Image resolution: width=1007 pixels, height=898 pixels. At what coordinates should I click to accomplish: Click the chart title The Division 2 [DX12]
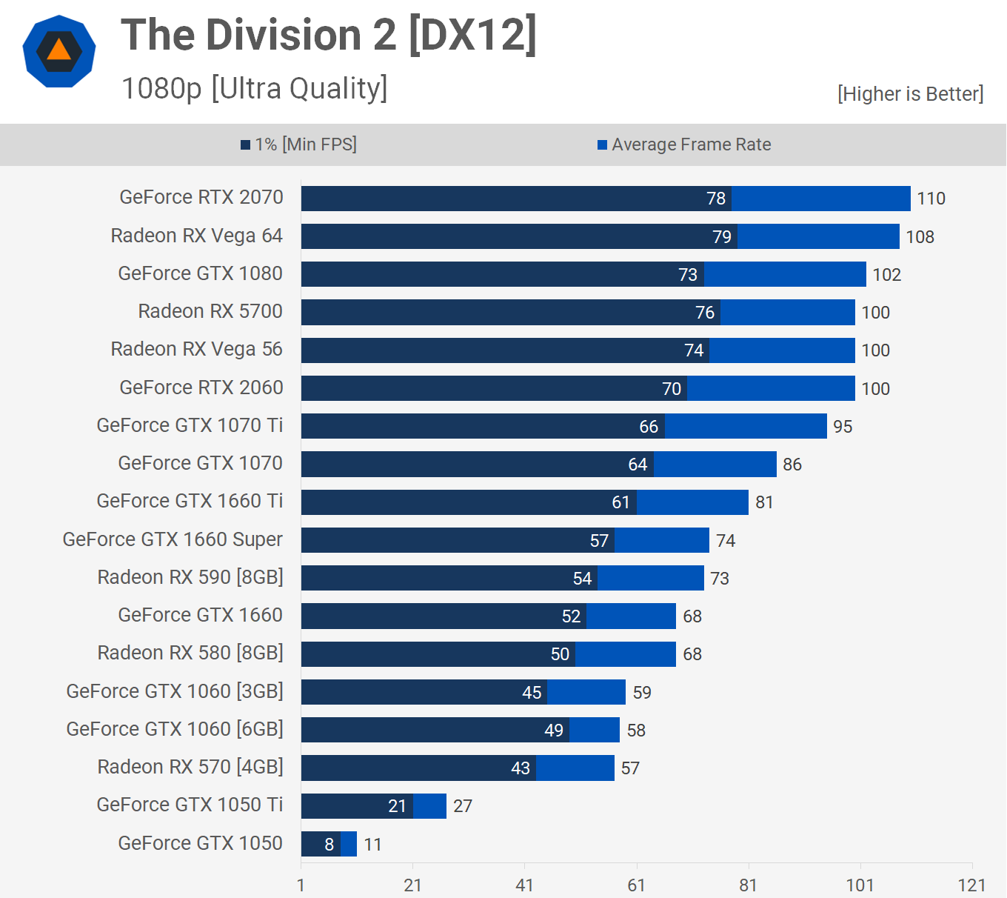329,35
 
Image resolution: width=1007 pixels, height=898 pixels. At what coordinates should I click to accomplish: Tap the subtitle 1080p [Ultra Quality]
254,88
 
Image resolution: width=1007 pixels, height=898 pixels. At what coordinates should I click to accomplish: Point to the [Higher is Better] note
910,94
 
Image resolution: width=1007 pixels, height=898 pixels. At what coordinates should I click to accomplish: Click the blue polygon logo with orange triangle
59,51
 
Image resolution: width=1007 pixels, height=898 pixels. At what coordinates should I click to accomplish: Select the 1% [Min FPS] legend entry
299,144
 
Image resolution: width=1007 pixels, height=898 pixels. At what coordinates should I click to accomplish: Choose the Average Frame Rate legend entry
685,144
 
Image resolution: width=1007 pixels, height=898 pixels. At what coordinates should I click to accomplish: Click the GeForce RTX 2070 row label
201,197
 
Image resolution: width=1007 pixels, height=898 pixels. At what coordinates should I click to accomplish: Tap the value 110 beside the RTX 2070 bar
931,199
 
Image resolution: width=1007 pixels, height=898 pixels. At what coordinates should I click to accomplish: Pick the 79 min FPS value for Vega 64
722,236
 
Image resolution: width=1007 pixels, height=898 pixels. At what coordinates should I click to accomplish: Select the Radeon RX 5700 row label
210,311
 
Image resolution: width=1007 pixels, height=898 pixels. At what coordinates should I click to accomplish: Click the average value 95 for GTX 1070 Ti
843,427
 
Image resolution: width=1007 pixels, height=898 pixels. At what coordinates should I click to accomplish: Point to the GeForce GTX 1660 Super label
173,539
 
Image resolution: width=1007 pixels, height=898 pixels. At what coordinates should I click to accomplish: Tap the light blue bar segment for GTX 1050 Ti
429,806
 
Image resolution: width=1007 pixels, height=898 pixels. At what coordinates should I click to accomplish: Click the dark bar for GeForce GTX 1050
320,844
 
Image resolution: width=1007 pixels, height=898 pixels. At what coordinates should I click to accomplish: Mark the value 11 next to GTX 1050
372,845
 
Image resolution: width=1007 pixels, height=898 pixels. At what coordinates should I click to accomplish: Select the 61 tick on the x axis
636,885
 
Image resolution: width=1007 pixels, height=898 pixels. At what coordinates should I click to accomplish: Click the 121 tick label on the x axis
971,885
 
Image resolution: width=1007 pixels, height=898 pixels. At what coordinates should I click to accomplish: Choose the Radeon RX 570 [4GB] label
190,767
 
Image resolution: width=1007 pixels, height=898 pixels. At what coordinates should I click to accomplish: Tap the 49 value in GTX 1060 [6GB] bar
554,731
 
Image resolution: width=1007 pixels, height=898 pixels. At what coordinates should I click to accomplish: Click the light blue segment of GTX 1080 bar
785,274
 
